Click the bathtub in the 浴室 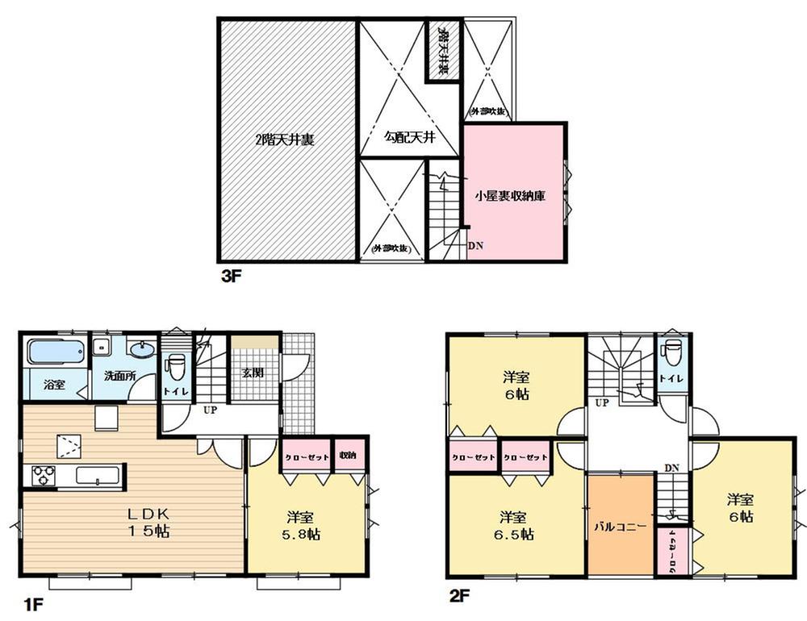[55, 352]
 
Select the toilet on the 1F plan [174, 365]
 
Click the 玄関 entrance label [253, 373]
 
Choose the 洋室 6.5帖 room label [514, 525]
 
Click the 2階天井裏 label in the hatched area [285, 139]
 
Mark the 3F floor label [232, 275]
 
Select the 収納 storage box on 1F [349, 455]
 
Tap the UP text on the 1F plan [210, 411]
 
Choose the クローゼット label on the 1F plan [304, 456]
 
